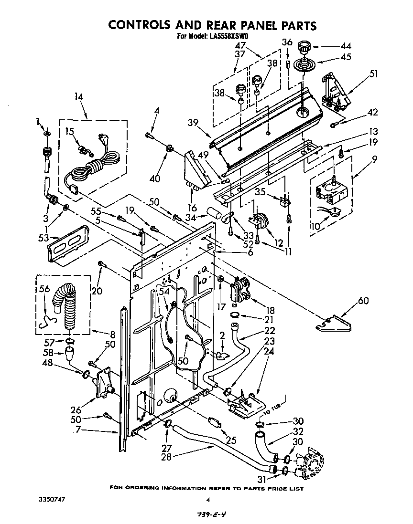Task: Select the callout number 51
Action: pos(373,73)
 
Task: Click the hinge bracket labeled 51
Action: pos(335,90)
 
